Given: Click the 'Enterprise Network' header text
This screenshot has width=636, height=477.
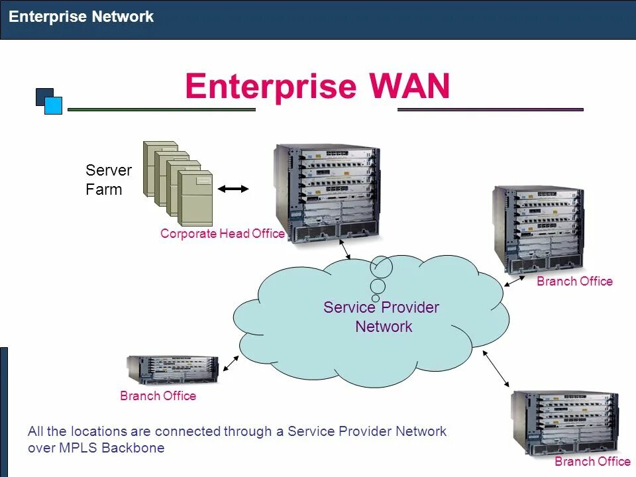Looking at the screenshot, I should pyautogui.click(x=81, y=17).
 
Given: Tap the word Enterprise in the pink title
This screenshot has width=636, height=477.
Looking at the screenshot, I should pyautogui.click(x=270, y=86).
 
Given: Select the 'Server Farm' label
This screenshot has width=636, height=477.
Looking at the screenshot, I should pyautogui.click(x=108, y=180).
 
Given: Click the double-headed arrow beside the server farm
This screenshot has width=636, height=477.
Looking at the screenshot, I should pyautogui.click(x=233, y=189).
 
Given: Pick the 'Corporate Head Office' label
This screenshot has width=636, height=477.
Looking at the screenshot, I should pyautogui.click(x=222, y=234).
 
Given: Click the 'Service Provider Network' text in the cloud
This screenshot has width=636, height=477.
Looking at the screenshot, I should pyautogui.click(x=382, y=317).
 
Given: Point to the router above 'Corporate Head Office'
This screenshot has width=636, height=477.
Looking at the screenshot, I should pyautogui.click(x=327, y=191).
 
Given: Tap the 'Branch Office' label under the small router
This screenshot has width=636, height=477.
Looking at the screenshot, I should pyautogui.click(x=158, y=396).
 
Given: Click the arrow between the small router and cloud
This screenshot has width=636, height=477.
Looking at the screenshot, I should pyautogui.click(x=231, y=362).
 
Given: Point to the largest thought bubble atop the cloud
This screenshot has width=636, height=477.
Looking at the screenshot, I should pyautogui.click(x=381, y=266).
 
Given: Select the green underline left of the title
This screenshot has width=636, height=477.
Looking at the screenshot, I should pyautogui.click(x=162, y=109).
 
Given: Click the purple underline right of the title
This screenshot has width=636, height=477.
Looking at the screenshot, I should pyautogui.click(x=490, y=109).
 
